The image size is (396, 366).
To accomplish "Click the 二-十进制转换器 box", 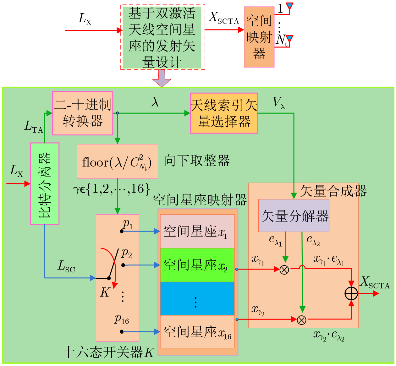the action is click(x=83, y=113).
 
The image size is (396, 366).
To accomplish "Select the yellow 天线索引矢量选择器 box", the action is click(x=224, y=113).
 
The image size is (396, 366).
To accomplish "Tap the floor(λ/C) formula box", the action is click(x=117, y=161).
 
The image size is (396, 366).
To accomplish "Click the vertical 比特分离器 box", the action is click(x=45, y=183).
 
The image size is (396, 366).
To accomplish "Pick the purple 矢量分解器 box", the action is click(x=294, y=216).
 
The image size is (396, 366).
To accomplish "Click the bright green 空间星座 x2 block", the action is click(x=197, y=265).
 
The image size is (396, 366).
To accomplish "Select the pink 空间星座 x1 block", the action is click(x=197, y=231).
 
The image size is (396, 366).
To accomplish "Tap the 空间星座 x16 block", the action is click(x=197, y=331).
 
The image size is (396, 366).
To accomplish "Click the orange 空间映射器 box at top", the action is click(x=259, y=37).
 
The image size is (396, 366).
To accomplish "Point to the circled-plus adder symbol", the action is click(x=351, y=293).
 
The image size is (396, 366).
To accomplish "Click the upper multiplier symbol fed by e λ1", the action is click(x=284, y=270).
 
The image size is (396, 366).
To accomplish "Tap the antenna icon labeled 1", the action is click(x=289, y=6).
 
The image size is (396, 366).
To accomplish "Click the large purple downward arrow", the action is click(x=162, y=78).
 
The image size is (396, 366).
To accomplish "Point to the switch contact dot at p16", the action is click(x=122, y=332).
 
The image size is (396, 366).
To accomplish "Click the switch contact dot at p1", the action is click(x=122, y=231).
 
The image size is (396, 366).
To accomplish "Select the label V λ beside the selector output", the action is click(x=279, y=103).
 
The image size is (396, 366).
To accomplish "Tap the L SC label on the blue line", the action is click(x=66, y=266).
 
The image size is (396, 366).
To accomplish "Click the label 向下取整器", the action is click(x=197, y=161).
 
